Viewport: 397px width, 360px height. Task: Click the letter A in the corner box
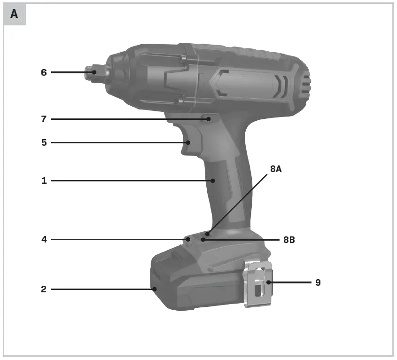[x=14, y=14]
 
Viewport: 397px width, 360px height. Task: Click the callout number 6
[x=44, y=72]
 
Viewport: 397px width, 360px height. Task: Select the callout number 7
[x=44, y=119]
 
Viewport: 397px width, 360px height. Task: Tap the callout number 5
[x=44, y=142]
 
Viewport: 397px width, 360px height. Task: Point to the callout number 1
[x=44, y=180]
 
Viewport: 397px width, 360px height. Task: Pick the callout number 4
[x=44, y=240]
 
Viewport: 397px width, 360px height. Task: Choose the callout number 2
[x=44, y=290]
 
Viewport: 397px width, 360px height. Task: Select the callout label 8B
[x=289, y=240]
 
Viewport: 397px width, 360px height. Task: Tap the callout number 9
[x=318, y=282]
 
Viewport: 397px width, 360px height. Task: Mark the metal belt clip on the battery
[x=257, y=284]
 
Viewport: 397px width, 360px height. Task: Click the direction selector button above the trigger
[x=207, y=119]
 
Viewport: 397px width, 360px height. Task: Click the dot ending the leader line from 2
[x=154, y=290]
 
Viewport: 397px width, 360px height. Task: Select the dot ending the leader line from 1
[x=213, y=180]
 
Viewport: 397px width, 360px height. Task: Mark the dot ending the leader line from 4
[x=188, y=240]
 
